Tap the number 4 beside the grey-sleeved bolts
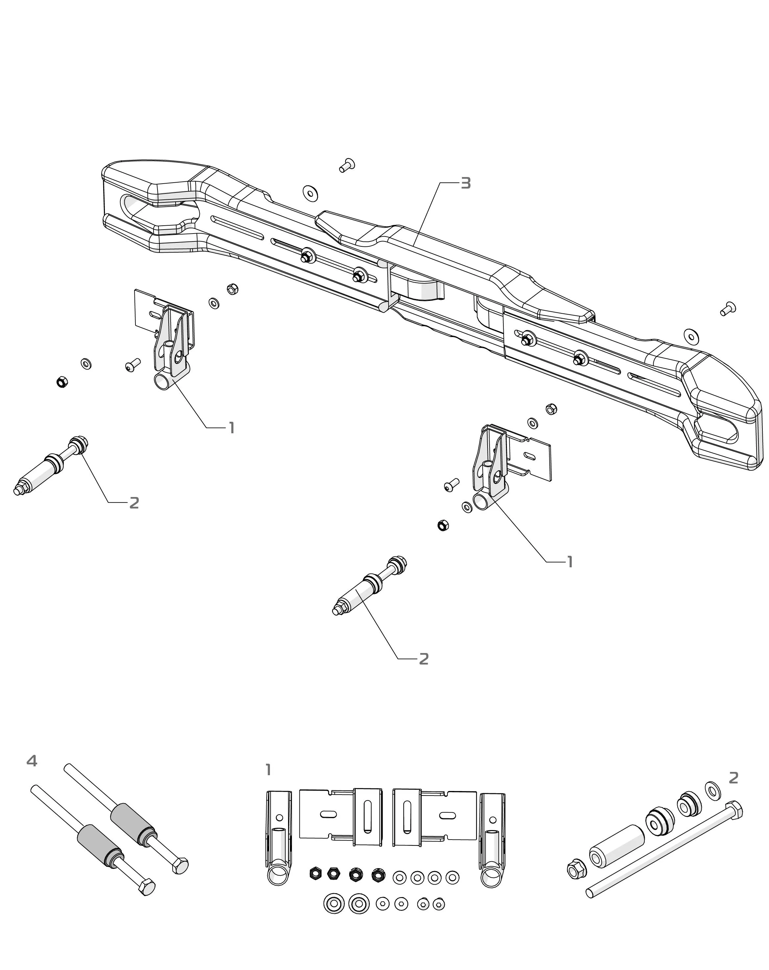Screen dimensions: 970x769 [x=32, y=761]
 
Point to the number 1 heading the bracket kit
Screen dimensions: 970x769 [x=268, y=770]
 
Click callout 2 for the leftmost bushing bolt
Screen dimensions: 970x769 [x=134, y=503]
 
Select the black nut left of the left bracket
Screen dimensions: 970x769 [x=62, y=382]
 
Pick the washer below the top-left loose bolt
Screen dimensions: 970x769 [x=310, y=192]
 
